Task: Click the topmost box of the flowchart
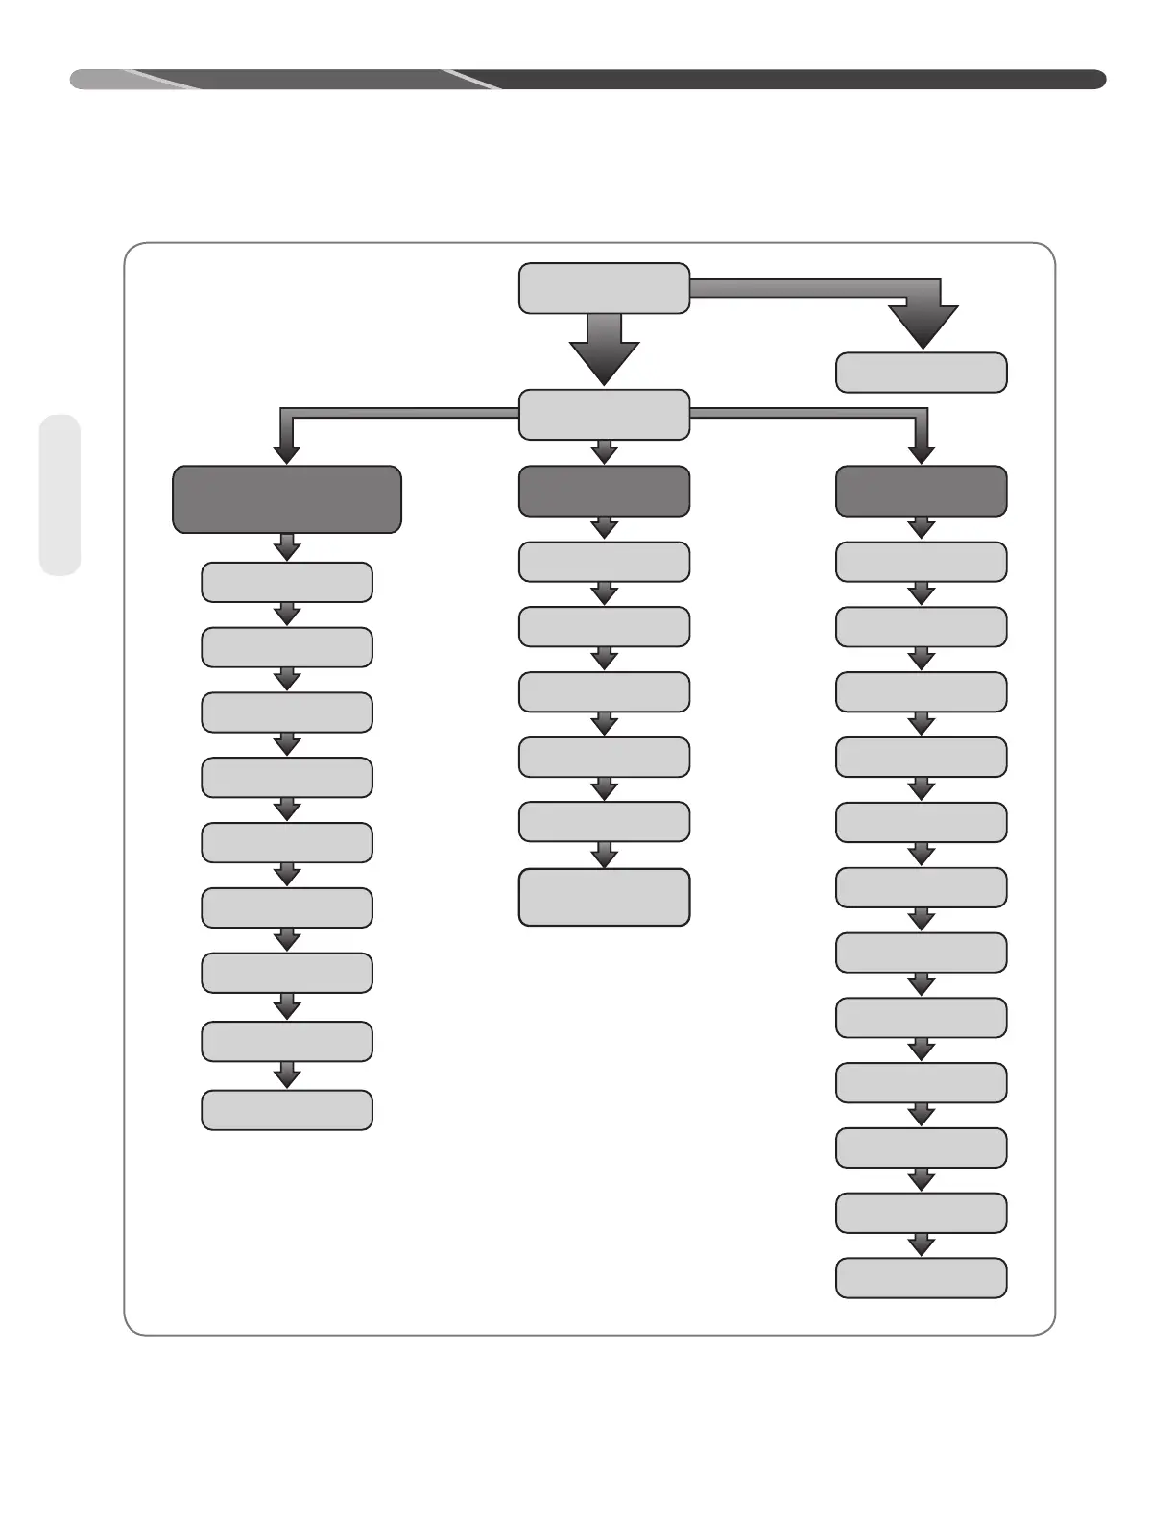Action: [x=604, y=288]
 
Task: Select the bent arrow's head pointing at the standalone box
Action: [x=923, y=326]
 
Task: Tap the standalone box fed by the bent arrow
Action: [x=921, y=373]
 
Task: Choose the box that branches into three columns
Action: [x=604, y=415]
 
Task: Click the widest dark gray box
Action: [x=286, y=499]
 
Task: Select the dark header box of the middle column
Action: [x=604, y=491]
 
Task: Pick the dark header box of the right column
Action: [x=921, y=491]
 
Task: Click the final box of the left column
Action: [x=286, y=1110]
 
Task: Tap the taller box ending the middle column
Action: [x=604, y=897]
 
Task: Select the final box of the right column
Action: [x=921, y=1278]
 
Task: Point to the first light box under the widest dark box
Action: [x=286, y=582]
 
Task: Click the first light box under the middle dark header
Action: [x=604, y=562]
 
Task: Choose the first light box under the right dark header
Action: [x=921, y=562]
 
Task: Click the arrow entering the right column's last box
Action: [x=921, y=1245]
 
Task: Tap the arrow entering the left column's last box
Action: [x=286, y=1075]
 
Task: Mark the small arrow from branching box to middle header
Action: [x=604, y=452]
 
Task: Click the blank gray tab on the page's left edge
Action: [x=60, y=495]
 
